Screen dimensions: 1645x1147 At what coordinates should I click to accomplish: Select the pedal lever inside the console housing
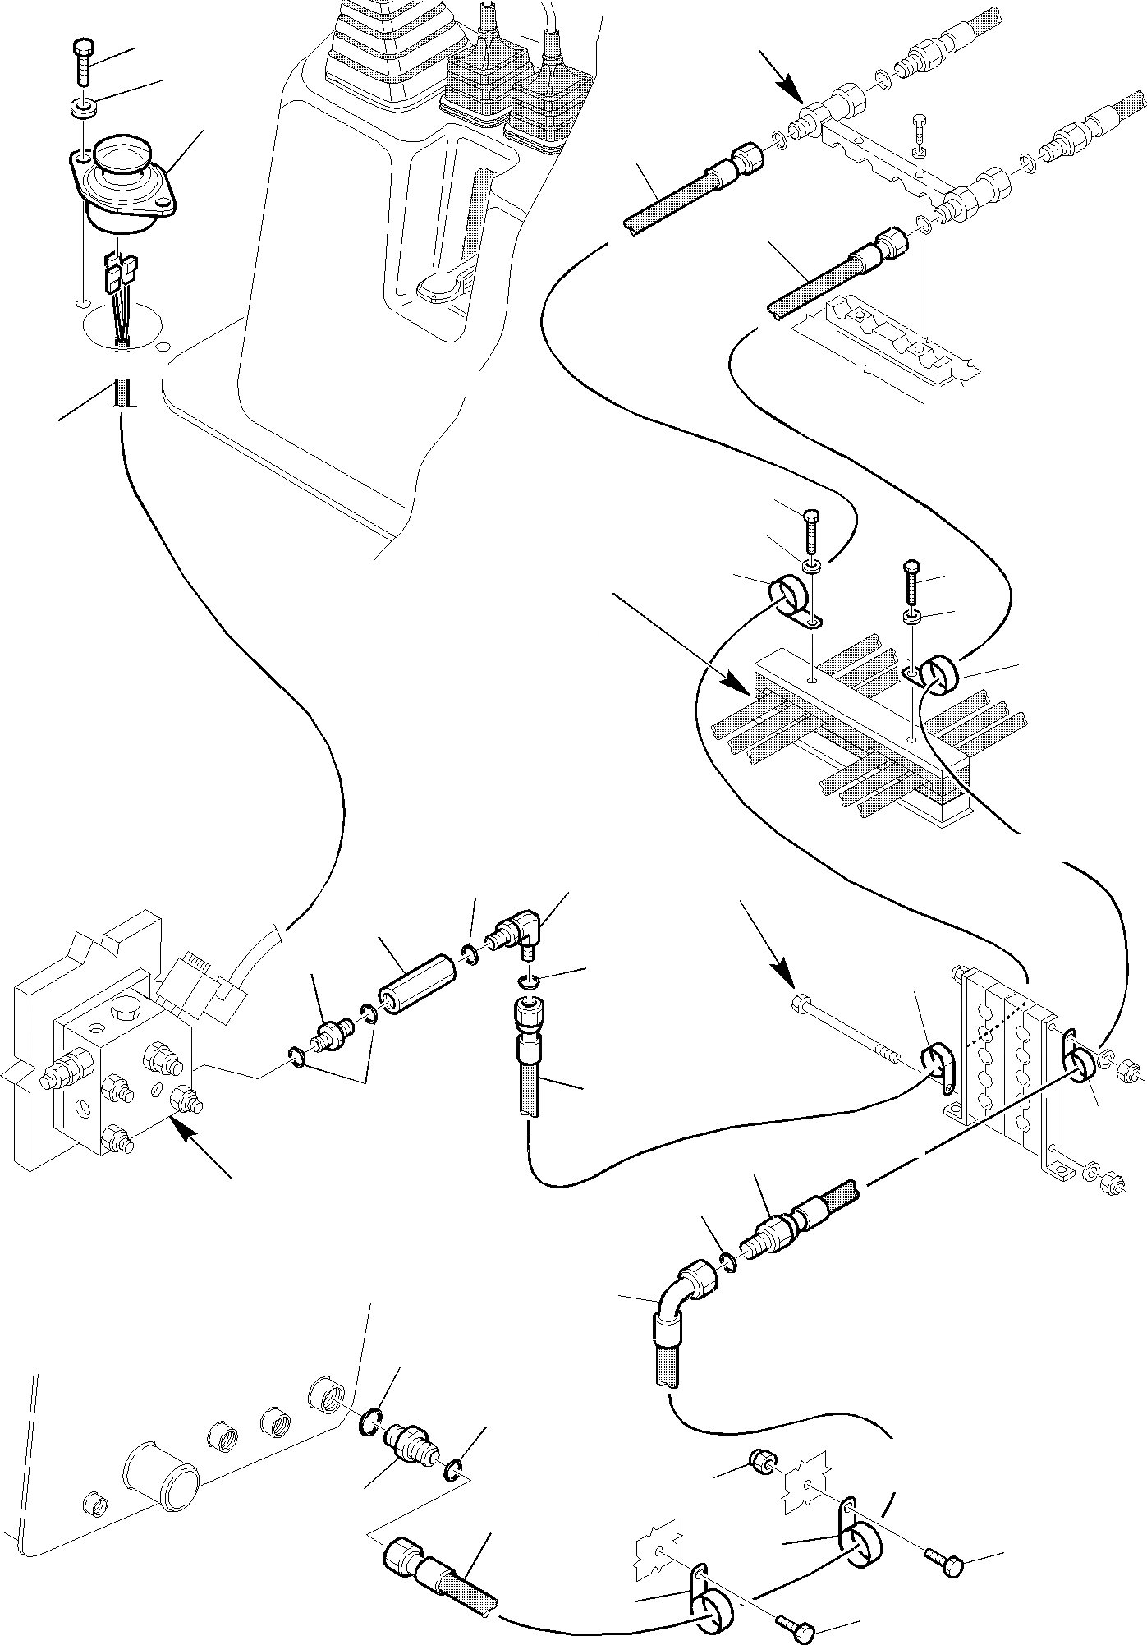pyautogui.click(x=443, y=284)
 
